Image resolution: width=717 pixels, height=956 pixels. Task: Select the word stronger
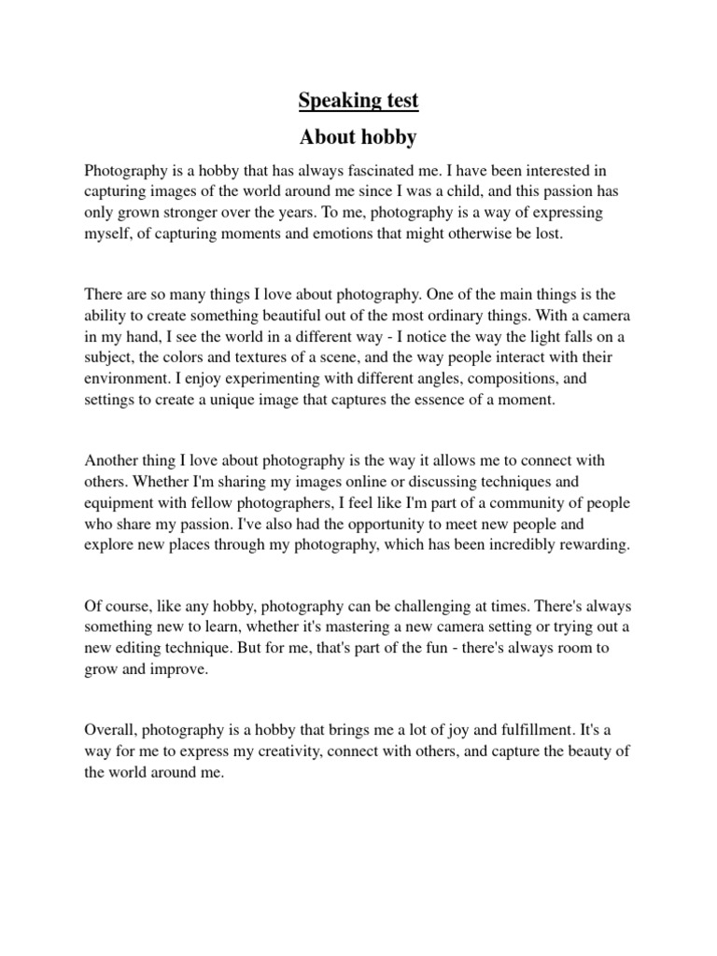pos(204,213)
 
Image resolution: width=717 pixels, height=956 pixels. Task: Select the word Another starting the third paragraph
pos(112,461)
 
